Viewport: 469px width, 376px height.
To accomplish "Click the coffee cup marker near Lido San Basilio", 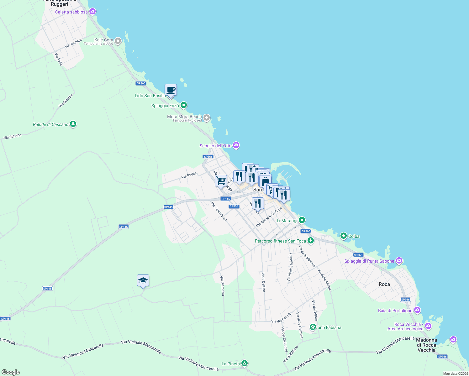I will [171, 90].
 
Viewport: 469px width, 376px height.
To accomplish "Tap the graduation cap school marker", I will [143, 280].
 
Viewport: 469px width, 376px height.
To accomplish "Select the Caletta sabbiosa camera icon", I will [92, 12].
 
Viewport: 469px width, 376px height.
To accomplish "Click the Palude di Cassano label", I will [50, 125].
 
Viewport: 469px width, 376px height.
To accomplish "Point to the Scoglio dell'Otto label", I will [216, 146].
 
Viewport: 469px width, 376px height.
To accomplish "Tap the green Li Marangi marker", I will [302, 220].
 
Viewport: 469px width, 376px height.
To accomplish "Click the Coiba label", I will [354, 236].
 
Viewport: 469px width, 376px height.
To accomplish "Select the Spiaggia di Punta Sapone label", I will [369, 261].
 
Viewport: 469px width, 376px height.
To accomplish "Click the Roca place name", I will [384, 284].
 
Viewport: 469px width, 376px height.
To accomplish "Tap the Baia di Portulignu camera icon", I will [417, 310].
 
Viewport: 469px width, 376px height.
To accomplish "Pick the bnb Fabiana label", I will [329, 327].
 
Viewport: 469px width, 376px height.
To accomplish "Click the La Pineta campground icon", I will [245, 363].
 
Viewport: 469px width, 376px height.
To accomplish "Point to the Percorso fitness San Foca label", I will [280, 241].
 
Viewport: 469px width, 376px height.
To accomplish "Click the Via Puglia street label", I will [189, 175].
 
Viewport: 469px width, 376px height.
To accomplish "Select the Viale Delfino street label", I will [263, 282].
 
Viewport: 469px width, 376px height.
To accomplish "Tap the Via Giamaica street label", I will [223, 285].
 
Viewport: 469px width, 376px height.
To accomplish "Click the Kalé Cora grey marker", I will [118, 41].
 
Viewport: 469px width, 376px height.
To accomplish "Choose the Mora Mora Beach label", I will [184, 117].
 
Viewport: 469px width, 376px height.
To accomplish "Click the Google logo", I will [11, 372].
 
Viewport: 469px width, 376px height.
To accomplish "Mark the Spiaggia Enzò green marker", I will [184, 105].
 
